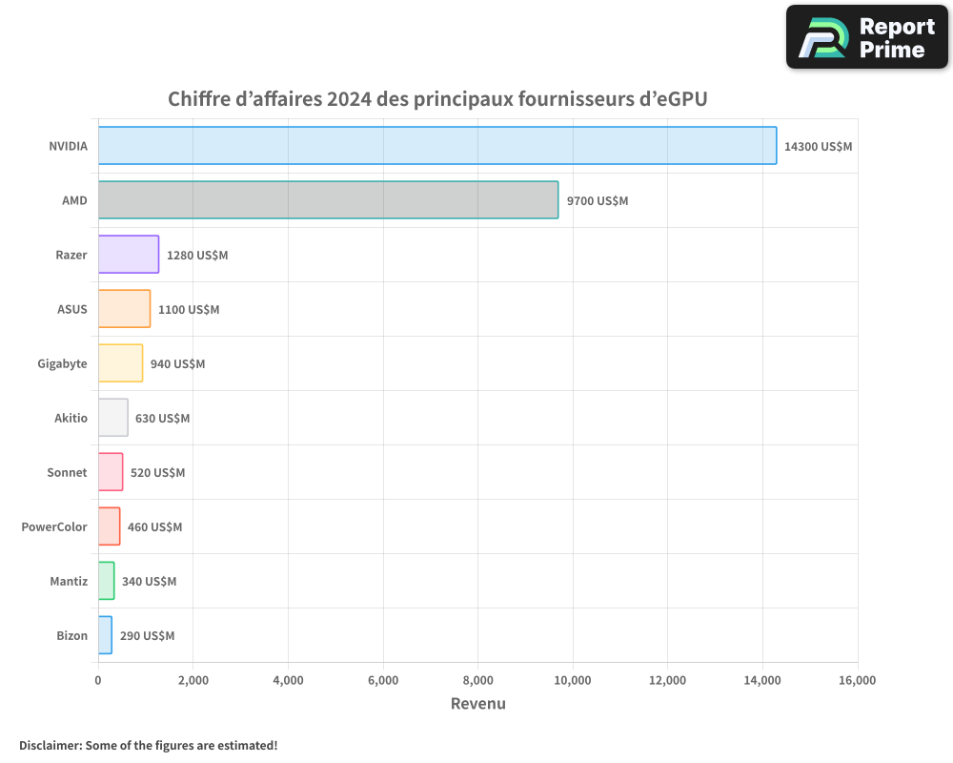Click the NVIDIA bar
pyautogui.click(x=437, y=146)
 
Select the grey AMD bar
pyautogui.click(x=328, y=200)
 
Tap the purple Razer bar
pyautogui.click(x=129, y=255)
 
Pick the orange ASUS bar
pyautogui.click(x=124, y=309)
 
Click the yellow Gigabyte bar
pyautogui.click(x=120, y=363)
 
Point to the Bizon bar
pyautogui.click(x=105, y=635)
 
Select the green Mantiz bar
pyautogui.click(x=106, y=581)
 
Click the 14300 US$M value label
pyautogui.click(x=818, y=147)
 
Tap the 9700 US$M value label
pyautogui.click(x=598, y=201)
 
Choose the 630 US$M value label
pyautogui.click(x=162, y=419)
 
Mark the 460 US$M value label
pyautogui.click(x=154, y=527)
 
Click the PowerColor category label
pyautogui.click(x=54, y=527)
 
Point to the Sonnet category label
pyautogui.click(x=67, y=473)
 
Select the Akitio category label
pyautogui.click(x=71, y=419)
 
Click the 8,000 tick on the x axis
pyautogui.click(x=477, y=680)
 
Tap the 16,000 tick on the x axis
pyautogui.click(x=857, y=680)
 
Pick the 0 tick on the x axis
pyautogui.click(x=98, y=680)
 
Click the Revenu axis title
pyautogui.click(x=477, y=704)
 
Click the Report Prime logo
pyautogui.click(x=867, y=37)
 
